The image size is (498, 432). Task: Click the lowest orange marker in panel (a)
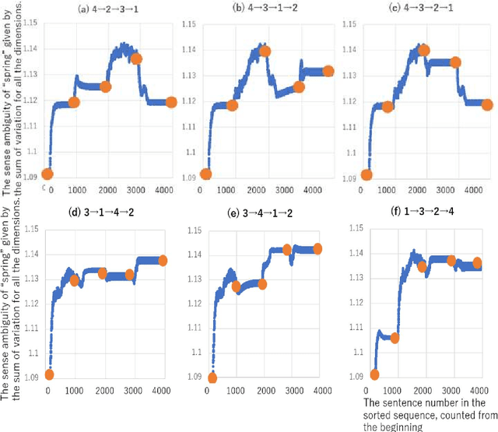(47, 174)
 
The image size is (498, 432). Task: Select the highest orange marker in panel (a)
(136, 58)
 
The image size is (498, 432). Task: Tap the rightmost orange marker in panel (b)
(328, 71)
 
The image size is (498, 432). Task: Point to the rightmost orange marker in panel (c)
(487, 104)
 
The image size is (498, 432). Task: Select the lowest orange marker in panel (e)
(212, 378)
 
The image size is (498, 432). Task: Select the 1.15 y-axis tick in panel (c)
(349, 25)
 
